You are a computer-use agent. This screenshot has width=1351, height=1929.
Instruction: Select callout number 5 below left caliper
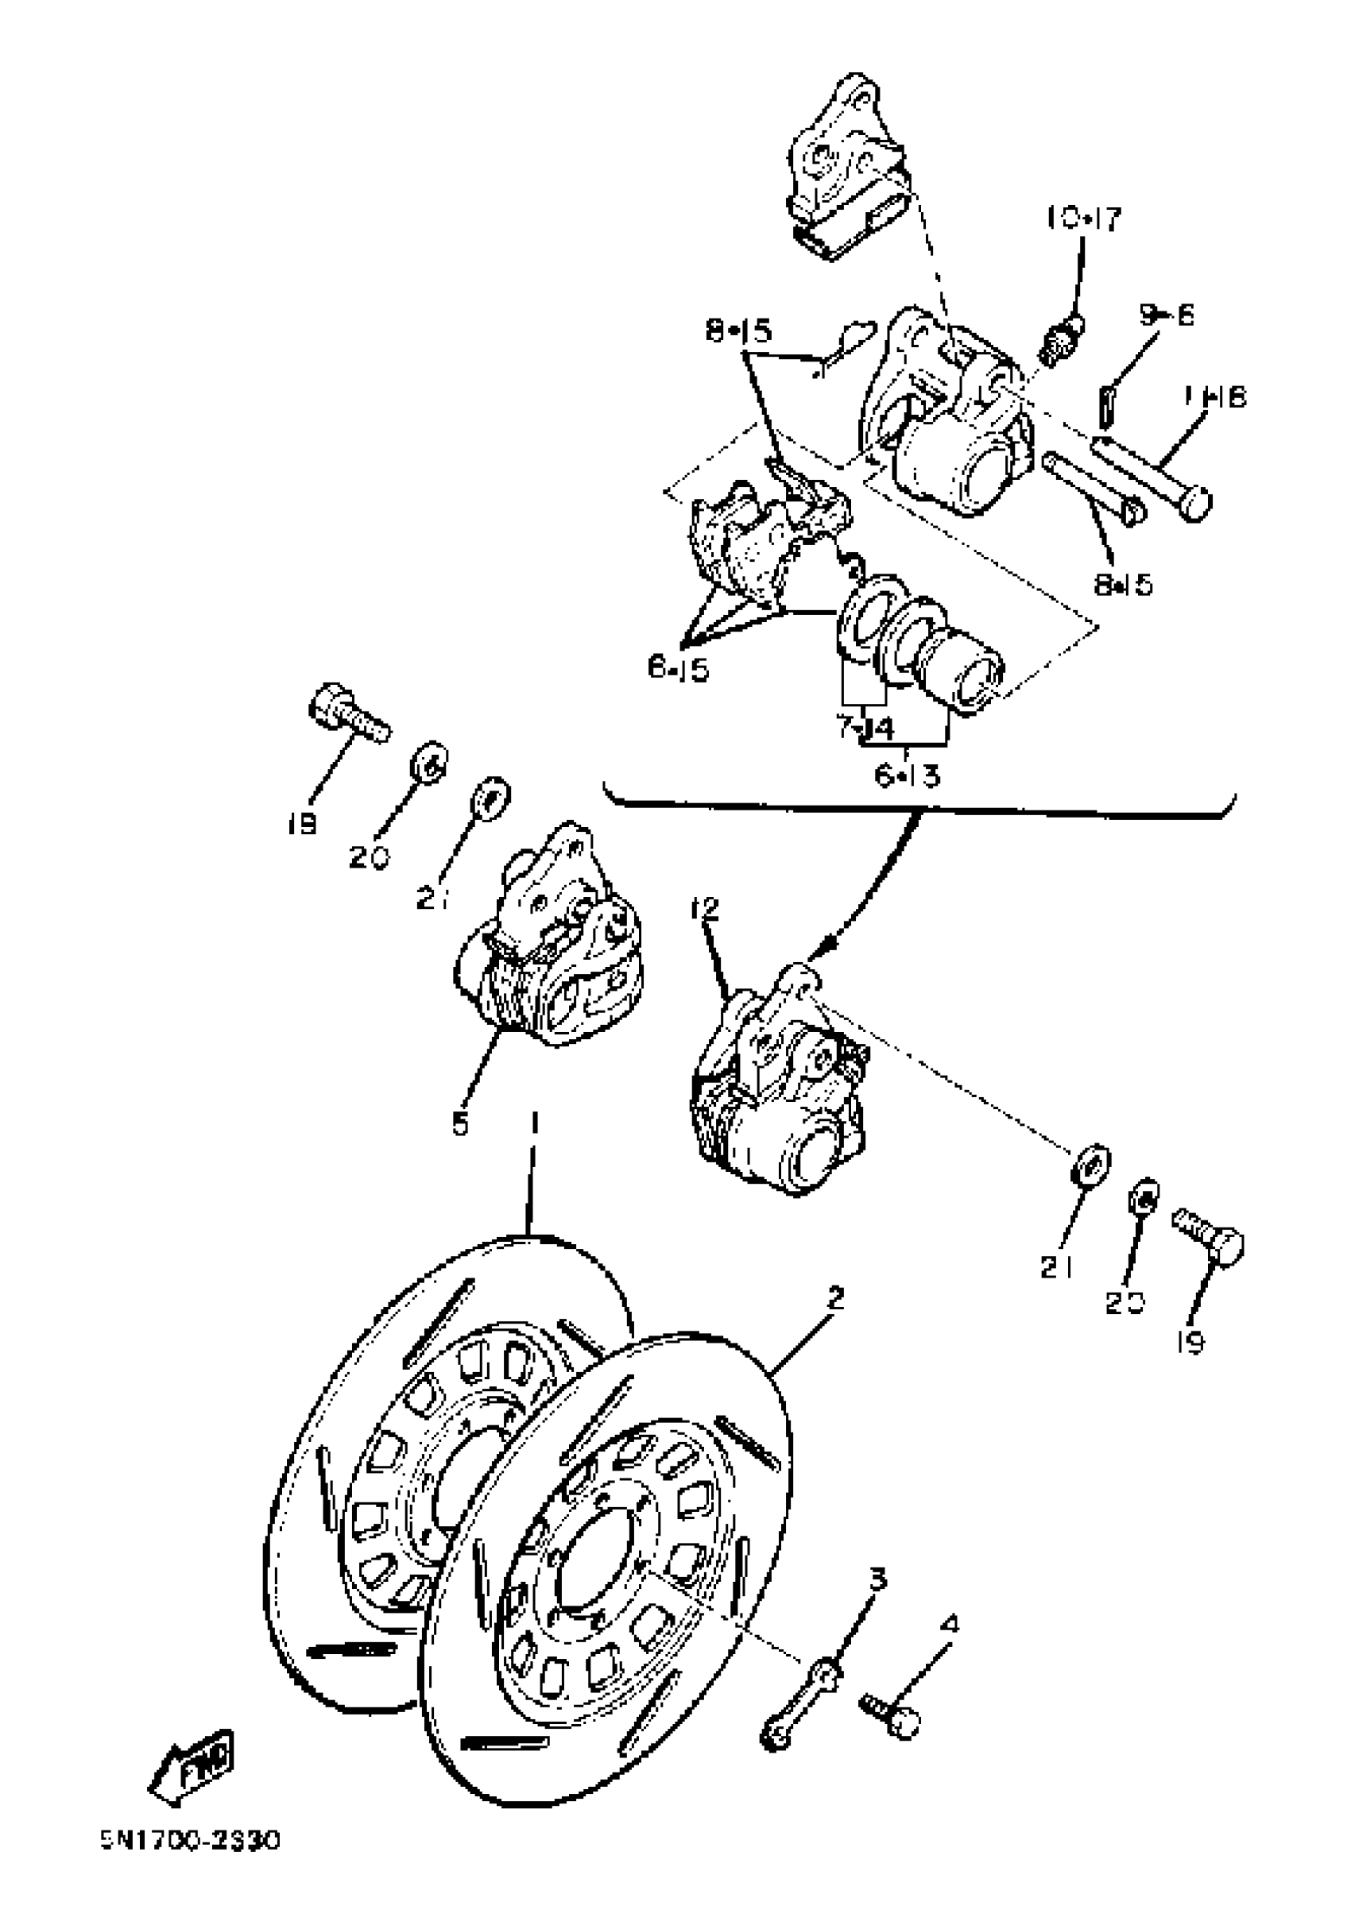tap(459, 1124)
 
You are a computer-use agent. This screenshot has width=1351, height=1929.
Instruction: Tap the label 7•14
tap(865, 728)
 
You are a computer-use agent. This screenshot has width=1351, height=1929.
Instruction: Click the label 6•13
tap(908, 775)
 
